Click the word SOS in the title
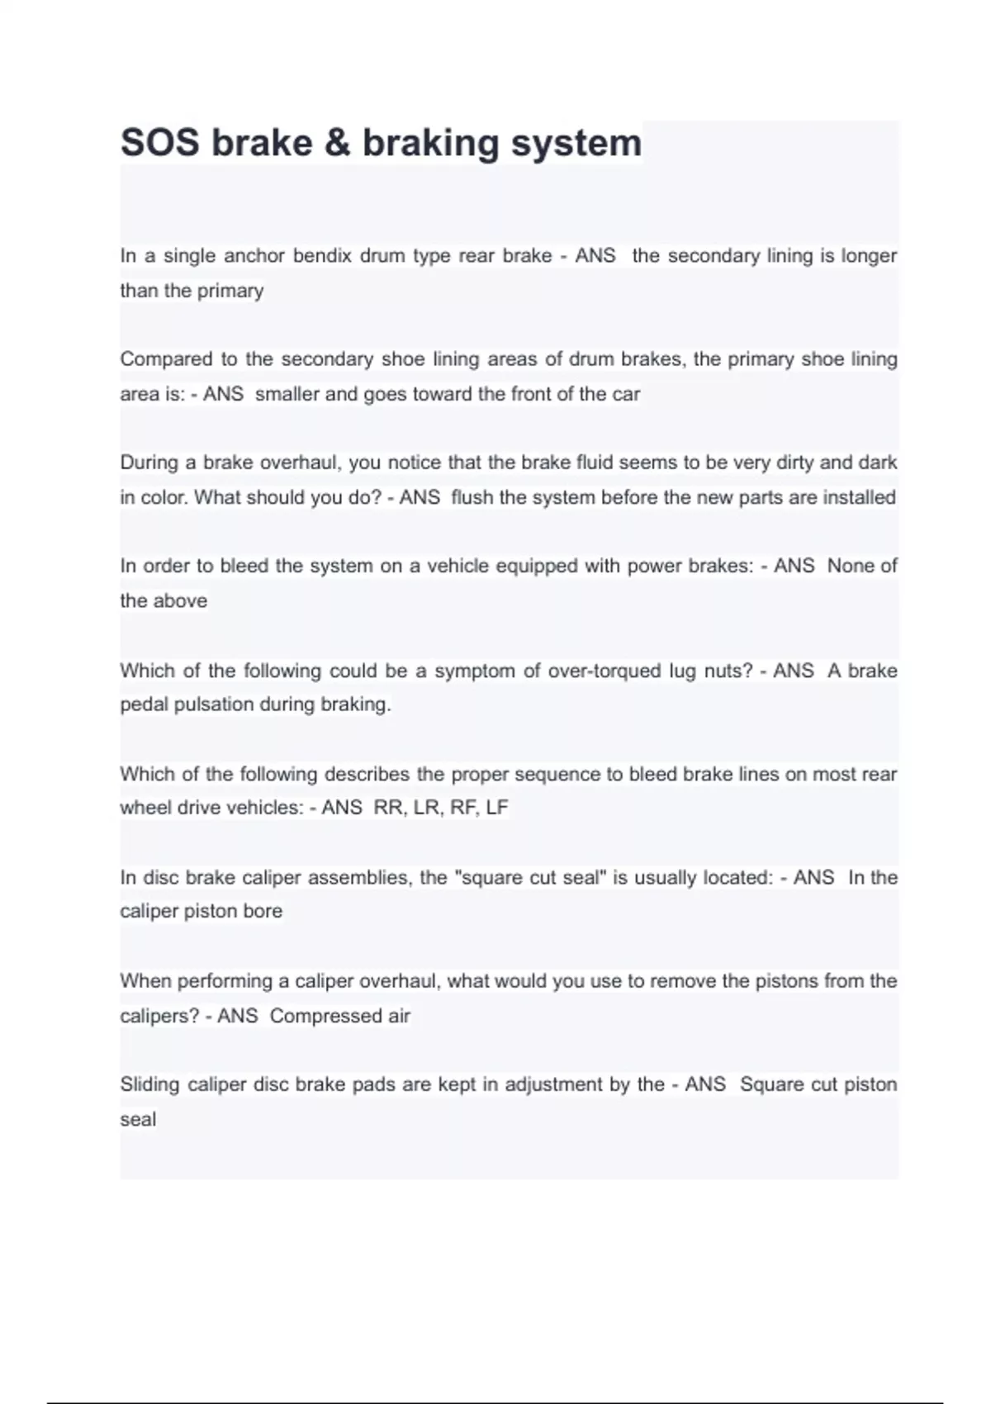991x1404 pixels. (159, 143)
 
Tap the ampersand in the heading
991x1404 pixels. (337, 143)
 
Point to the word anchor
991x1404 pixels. (254, 256)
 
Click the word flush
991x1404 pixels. (472, 497)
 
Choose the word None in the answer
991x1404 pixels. (850, 566)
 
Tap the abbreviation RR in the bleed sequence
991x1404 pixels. (388, 808)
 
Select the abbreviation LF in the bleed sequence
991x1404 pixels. (497, 808)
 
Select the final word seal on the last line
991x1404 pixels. (138, 1120)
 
